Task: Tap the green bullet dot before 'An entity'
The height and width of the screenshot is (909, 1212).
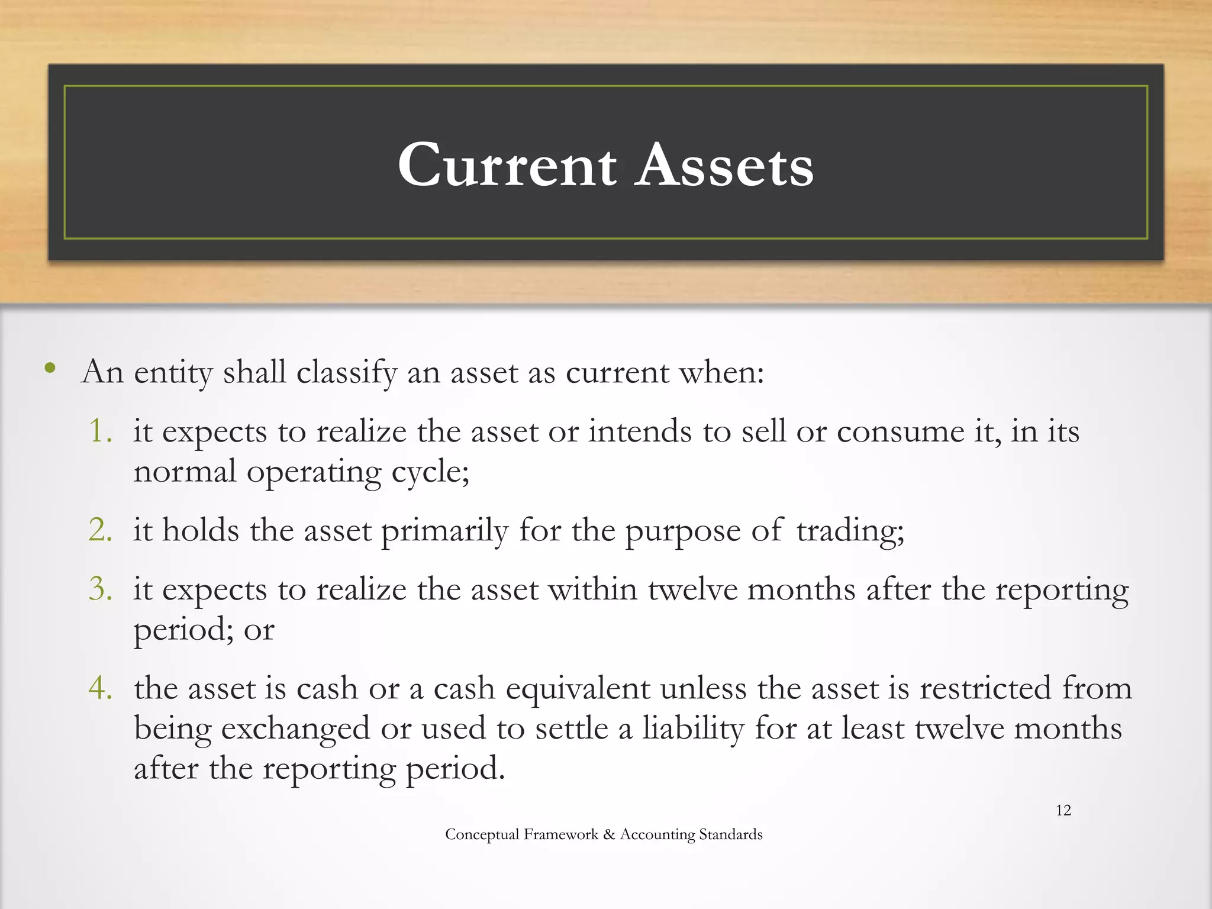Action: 50,369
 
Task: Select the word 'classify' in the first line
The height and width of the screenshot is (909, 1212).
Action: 346,373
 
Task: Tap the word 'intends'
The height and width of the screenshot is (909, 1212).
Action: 640,431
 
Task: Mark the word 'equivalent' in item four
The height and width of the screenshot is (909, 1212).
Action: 578,689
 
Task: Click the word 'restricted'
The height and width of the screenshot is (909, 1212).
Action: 985,688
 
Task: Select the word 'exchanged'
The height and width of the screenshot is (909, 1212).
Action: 295,729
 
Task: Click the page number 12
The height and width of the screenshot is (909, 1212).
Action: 1063,810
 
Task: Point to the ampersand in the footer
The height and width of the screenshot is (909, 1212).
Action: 609,834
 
